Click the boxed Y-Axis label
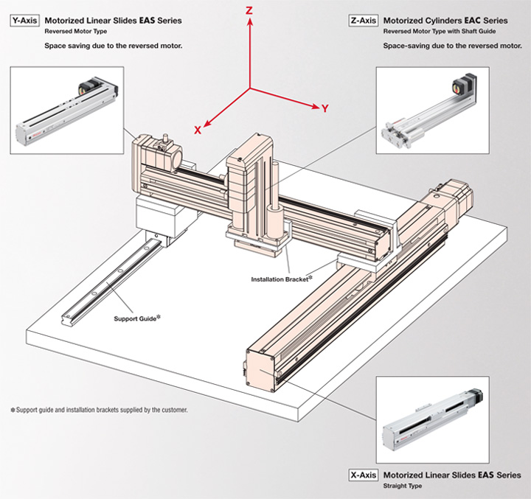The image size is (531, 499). click(x=24, y=21)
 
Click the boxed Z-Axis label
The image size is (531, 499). click(x=364, y=21)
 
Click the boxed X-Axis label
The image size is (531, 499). click(x=364, y=475)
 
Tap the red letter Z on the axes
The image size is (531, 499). click(x=250, y=12)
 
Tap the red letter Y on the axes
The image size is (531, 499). click(x=324, y=108)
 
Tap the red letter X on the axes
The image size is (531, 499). click(x=198, y=129)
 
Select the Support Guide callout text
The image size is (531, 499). click(x=137, y=318)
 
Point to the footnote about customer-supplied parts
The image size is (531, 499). click(x=100, y=409)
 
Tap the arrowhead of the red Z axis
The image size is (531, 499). click(x=251, y=24)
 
